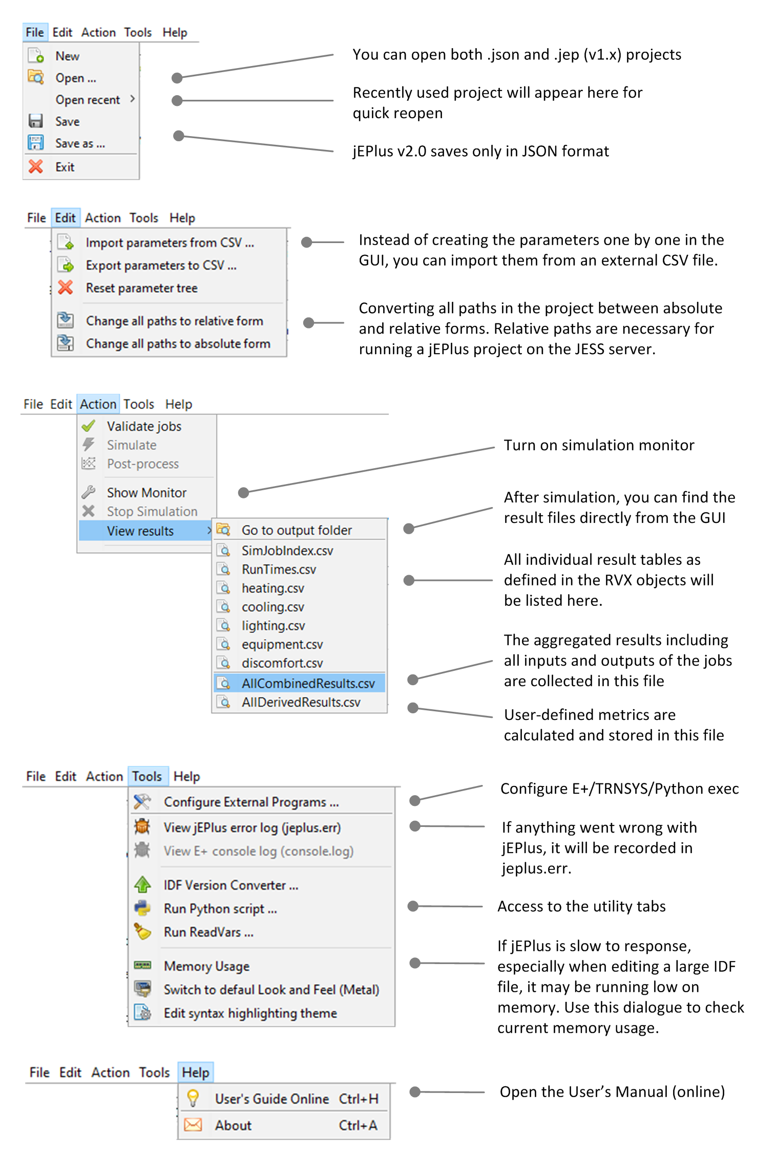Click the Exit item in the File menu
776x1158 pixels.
click(65, 167)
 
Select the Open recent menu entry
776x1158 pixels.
click(88, 100)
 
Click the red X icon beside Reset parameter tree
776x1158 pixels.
click(66, 288)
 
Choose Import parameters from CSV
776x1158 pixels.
click(170, 243)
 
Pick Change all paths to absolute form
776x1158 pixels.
click(178, 343)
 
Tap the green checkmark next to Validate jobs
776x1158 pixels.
click(89, 426)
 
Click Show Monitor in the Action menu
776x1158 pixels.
click(146, 492)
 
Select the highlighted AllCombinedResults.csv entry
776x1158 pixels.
click(308, 683)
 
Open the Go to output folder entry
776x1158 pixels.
click(297, 530)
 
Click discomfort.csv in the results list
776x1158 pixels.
click(282, 663)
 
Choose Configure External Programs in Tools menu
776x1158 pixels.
click(251, 802)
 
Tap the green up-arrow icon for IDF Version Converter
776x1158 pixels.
click(142, 884)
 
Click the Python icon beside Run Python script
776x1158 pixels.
click(142, 908)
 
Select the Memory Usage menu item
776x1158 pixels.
click(206, 966)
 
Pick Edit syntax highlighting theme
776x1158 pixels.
click(250, 1013)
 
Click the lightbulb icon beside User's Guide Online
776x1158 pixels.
click(193, 1098)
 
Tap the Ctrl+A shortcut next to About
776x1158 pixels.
click(358, 1125)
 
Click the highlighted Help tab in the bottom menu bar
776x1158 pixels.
click(196, 1072)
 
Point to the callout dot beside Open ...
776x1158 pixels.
click(177, 78)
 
